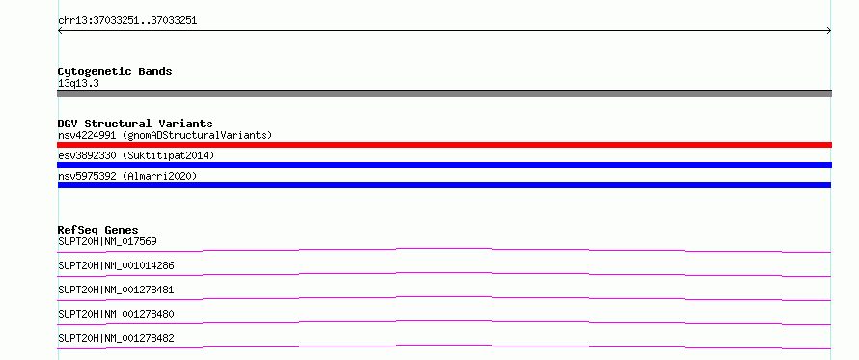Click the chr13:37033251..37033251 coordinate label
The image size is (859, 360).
coord(127,21)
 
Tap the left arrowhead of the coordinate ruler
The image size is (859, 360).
coord(59,31)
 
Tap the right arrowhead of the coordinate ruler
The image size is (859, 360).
coord(829,31)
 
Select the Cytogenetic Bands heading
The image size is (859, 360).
coord(115,71)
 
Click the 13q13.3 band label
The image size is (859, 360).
coord(78,84)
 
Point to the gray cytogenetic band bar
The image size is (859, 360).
coord(444,94)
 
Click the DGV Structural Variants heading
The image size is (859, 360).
coord(135,124)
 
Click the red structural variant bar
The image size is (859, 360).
coord(444,145)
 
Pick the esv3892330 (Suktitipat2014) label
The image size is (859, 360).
coord(136,155)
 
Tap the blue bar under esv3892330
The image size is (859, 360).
coord(444,165)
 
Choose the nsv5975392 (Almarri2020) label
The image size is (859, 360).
coord(127,176)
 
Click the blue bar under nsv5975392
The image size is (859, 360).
coord(444,185)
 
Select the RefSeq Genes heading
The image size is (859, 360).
coord(98,230)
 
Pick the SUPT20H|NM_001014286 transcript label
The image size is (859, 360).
coord(116,265)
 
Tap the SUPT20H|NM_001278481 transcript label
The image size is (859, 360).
coord(116,290)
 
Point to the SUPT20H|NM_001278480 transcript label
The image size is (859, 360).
coord(116,314)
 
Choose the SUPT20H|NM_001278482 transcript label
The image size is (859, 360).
coord(116,338)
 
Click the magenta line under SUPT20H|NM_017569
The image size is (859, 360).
coord(444,249)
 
